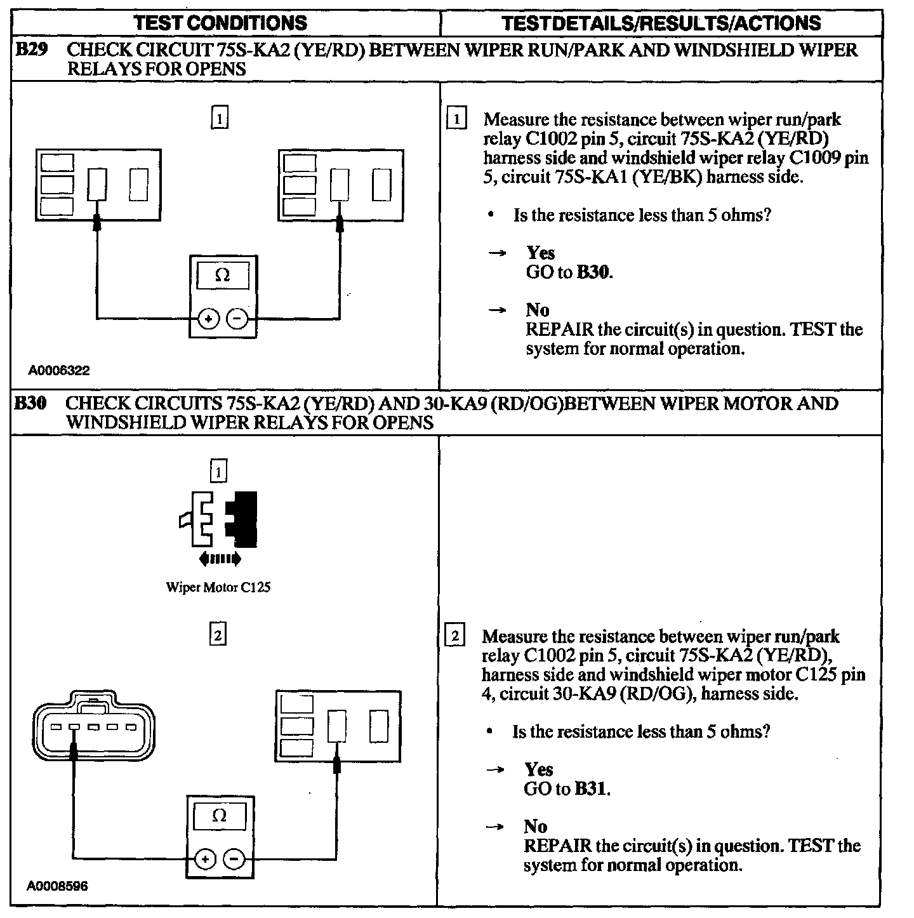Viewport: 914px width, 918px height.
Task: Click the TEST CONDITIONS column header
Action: (x=220, y=23)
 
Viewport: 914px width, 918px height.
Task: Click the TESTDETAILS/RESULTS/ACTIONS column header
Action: (x=661, y=23)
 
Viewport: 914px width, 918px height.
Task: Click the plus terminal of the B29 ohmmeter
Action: (x=209, y=318)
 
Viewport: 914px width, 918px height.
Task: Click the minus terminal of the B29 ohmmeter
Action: (x=237, y=318)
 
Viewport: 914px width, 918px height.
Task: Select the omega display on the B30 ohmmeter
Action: (x=219, y=816)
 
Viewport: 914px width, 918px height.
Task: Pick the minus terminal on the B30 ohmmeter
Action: (x=234, y=860)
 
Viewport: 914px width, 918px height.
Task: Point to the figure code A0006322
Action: (x=58, y=371)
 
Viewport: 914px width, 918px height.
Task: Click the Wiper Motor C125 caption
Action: (x=218, y=587)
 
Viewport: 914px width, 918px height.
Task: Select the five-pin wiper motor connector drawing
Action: (x=93, y=726)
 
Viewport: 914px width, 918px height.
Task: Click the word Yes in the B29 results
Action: (x=541, y=253)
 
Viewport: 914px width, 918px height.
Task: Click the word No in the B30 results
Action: (x=536, y=826)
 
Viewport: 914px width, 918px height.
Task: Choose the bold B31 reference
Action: (x=592, y=788)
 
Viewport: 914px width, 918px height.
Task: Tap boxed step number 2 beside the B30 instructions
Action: (x=456, y=636)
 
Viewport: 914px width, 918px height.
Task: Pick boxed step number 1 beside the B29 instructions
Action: (x=456, y=119)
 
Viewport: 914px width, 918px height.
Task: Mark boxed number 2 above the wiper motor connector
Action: (x=218, y=635)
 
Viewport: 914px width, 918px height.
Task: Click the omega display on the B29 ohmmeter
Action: (x=222, y=276)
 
